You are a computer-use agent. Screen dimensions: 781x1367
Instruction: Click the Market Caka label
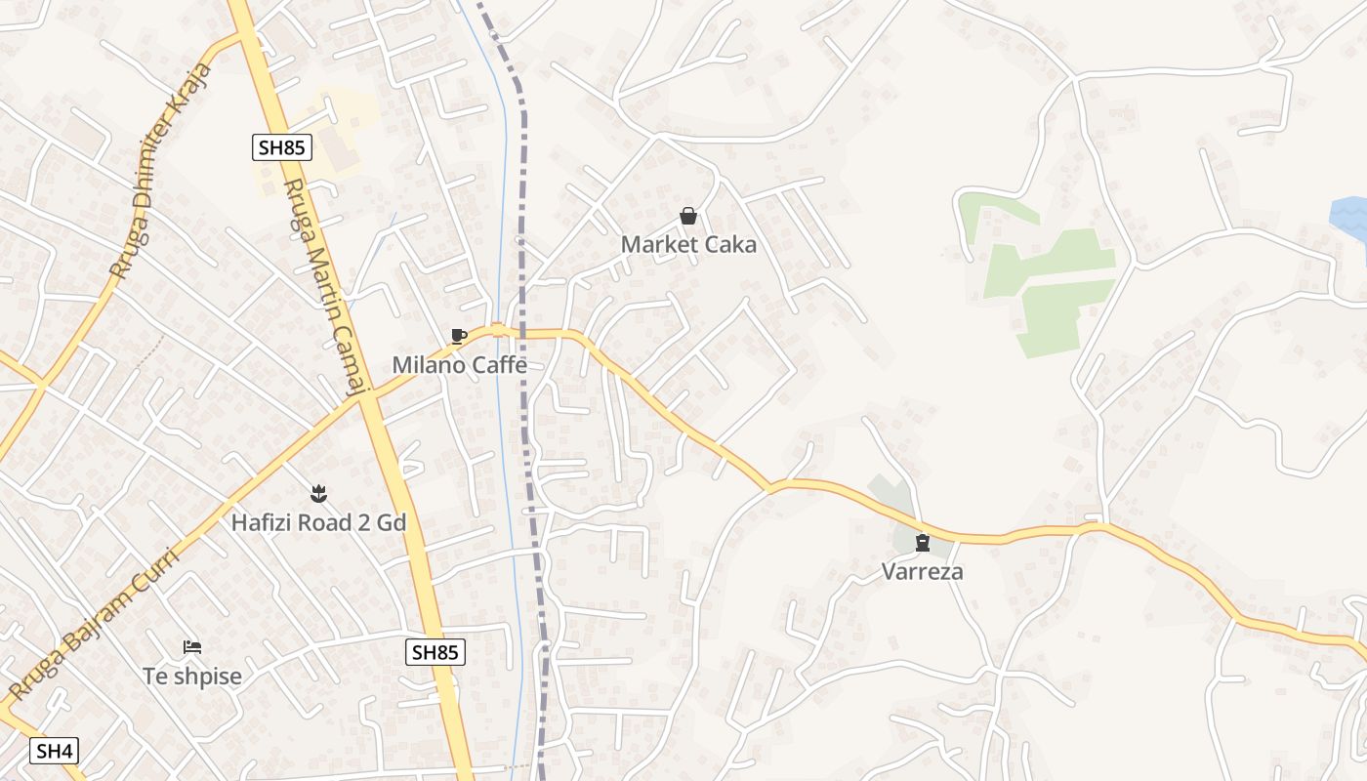(x=688, y=244)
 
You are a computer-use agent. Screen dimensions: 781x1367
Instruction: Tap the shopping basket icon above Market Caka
(x=688, y=216)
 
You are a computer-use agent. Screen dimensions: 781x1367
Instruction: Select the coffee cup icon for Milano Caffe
(x=458, y=337)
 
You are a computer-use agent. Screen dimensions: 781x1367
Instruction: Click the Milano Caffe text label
(x=459, y=365)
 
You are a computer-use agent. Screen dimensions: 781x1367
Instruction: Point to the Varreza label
(x=922, y=571)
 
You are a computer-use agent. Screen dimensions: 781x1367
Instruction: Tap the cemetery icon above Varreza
(x=922, y=543)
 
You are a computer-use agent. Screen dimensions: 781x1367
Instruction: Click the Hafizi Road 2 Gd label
(x=317, y=522)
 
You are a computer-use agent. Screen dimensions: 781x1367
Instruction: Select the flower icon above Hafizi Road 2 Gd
(x=317, y=494)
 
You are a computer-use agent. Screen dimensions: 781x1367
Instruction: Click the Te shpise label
(x=191, y=676)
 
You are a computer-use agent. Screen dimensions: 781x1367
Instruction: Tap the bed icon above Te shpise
(x=192, y=647)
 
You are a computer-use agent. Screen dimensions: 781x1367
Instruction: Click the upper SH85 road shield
(x=281, y=147)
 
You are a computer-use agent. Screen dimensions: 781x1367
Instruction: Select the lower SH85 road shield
(x=435, y=652)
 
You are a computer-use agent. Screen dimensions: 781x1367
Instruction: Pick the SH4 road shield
(x=54, y=751)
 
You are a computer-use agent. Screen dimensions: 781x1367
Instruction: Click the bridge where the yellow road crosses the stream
(x=499, y=331)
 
